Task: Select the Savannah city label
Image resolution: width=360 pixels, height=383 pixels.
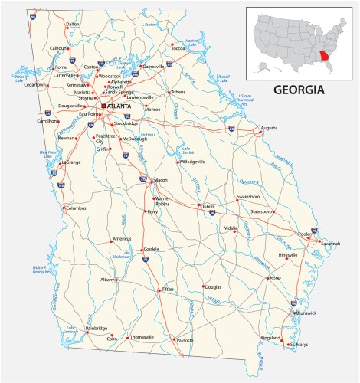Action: pyautogui.click(x=331, y=244)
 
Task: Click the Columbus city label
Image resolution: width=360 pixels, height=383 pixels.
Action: pyautogui.click(x=77, y=208)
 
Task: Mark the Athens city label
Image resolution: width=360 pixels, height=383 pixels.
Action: pyautogui.click(x=178, y=92)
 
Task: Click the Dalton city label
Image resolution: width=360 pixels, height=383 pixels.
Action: pyautogui.click(x=73, y=46)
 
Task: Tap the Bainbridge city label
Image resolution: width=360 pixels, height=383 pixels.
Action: pyautogui.click(x=97, y=328)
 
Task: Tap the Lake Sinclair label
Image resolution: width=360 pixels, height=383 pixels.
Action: pyautogui.click(x=185, y=149)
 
